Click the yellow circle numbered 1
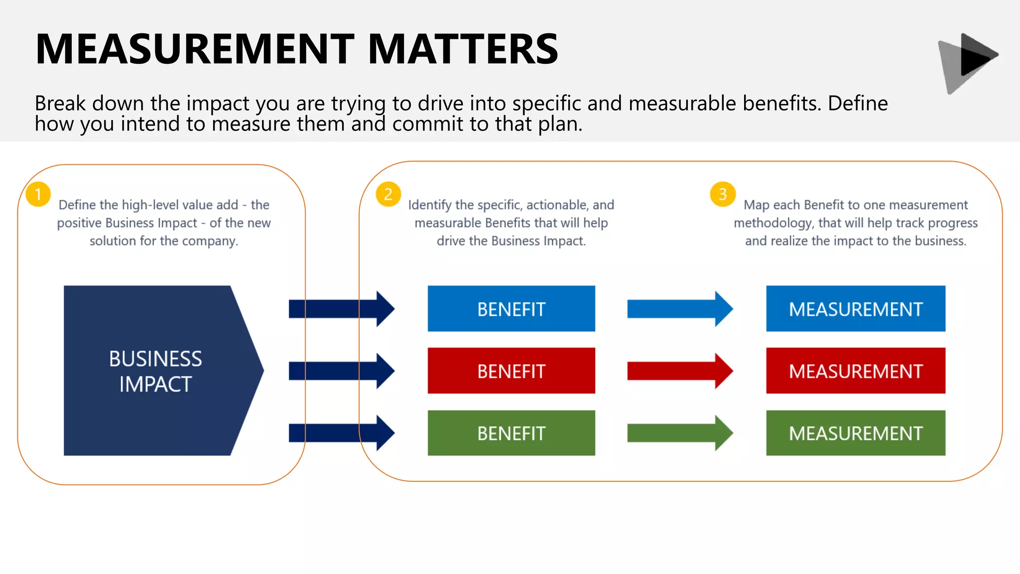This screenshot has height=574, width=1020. [x=38, y=194]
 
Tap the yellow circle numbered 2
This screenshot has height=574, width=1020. [x=388, y=194]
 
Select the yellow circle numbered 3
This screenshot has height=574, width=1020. [x=723, y=194]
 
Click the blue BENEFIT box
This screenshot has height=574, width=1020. [x=511, y=309]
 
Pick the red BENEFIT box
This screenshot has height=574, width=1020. [x=511, y=371]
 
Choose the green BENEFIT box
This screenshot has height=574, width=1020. [x=511, y=433]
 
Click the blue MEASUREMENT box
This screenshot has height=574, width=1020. [x=855, y=309]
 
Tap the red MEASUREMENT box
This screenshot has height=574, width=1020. [x=855, y=371]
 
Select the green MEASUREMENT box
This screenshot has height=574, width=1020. [x=855, y=433]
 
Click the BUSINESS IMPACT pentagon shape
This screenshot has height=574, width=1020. [x=154, y=371]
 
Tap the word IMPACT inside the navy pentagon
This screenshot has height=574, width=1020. [x=155, y=384]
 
